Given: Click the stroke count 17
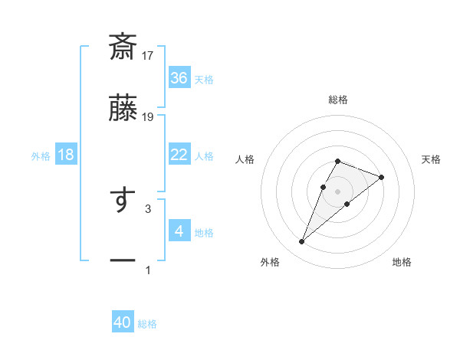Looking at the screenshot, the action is (149, 55).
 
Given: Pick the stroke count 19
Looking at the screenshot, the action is (149, 116).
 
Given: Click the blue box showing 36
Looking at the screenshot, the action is (179, 77).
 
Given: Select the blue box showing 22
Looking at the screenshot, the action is (179, 155).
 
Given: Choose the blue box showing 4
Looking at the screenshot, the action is (179, 231).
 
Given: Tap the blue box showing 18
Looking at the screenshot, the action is (66, 155).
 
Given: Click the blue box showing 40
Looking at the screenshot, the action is (123, 322).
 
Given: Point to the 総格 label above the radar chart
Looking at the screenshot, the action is (338, 100).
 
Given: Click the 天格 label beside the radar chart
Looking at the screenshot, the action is (432, 159).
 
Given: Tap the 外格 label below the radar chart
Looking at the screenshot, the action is (270, 263).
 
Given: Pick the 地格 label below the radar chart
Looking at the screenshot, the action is (402, 263).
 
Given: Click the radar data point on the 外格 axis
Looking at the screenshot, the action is (301, 242).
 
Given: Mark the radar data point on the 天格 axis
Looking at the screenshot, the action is (381, 177).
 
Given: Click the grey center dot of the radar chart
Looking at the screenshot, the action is (337, 191).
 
